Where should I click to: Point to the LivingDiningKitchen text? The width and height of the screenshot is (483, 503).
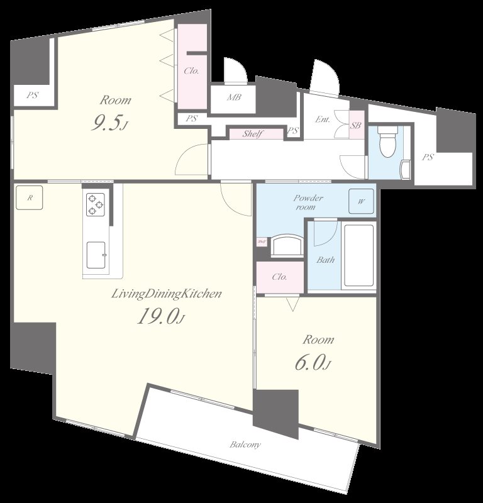[x=166, y=294]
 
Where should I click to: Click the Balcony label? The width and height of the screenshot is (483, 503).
[x=245, y=445]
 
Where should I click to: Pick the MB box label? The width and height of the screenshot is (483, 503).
[x=233, y=97]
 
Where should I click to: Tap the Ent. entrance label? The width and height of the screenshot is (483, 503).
[x=323, y=119]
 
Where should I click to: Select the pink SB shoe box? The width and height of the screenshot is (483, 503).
[x=355, y=126]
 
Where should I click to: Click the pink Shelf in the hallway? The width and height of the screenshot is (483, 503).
[x=253, y=134]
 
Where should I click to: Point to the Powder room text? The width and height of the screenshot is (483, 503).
[x=308, y=202]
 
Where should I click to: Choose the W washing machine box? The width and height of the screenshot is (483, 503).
[x=361, y=201]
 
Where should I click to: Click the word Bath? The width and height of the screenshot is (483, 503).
[x=325, y=260]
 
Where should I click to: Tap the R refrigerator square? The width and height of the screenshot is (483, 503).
[x=30, y=197]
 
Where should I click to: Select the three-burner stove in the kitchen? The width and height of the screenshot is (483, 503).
[x=95, y=204]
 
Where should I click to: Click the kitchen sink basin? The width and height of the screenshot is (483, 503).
[x=96, y=253]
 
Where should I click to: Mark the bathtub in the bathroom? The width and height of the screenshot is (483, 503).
[x=358, y=255]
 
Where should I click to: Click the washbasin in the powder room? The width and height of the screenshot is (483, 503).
[x=287, y=243]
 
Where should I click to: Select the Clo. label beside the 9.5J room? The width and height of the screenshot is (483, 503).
[x=191, y=70]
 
